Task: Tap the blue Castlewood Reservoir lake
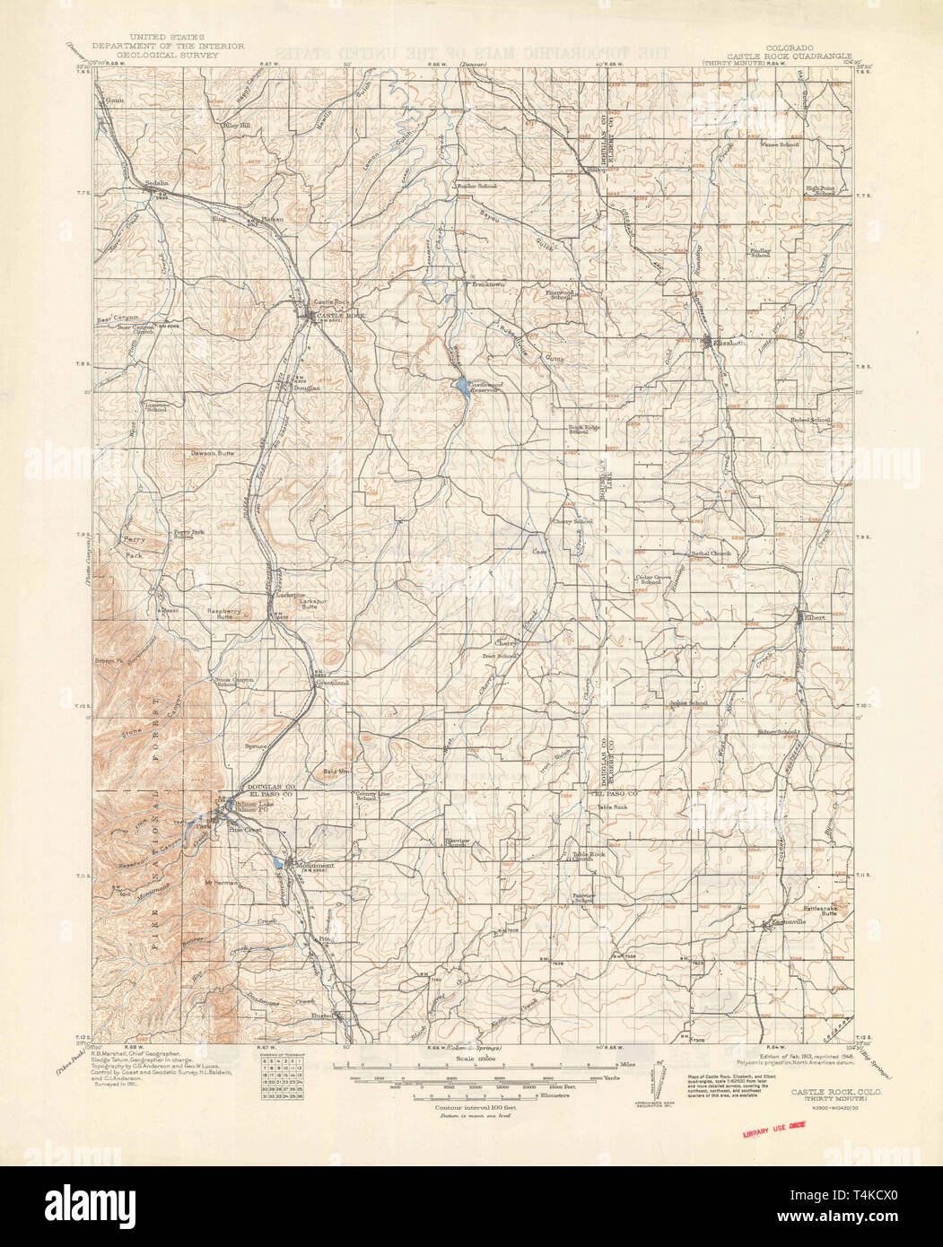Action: (x=459, y=386)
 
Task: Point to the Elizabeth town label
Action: (x=725, y=342)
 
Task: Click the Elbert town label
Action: (x=812, y=617)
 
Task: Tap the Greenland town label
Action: (x=329, y=683)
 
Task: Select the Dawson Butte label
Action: (x=212, y=454)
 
